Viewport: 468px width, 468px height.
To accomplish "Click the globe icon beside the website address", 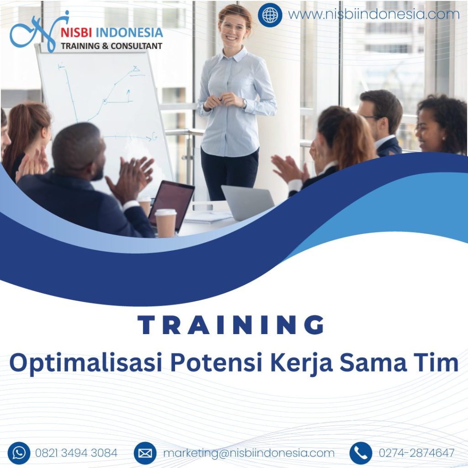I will (270, 15).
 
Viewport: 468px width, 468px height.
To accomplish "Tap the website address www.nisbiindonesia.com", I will (373, 15).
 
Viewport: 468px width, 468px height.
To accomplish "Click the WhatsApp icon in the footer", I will (19, 453).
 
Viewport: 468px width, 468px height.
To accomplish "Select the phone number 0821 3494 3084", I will (76, 453).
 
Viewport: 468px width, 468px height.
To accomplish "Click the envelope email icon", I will (145, 453).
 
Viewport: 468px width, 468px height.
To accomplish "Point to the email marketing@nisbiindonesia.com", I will (249, 453).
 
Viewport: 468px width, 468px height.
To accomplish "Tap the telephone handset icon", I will (361, 453).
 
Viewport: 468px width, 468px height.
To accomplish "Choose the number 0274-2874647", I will (416, 453).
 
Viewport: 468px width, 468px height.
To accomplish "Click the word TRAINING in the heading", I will (231, 325).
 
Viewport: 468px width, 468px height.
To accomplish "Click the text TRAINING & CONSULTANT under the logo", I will (112, 46).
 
